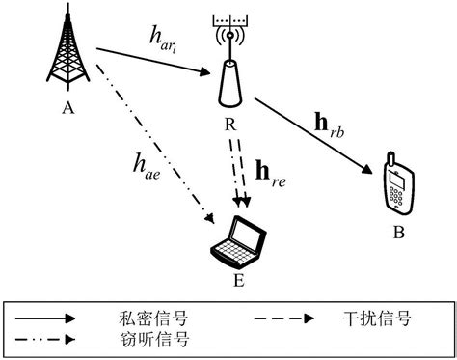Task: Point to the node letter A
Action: pyautogui.click(x=67, y=108)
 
